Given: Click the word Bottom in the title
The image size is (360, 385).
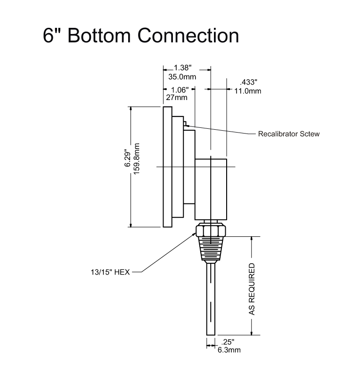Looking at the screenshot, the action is coord(99,35).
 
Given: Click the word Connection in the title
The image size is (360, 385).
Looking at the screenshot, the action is coord(188,35).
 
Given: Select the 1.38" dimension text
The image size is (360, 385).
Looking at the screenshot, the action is coord(183,67).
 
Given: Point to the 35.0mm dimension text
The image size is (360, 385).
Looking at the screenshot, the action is coord(182,77).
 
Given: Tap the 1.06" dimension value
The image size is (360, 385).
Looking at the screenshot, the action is coord(180,90).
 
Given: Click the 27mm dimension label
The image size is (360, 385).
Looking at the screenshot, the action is coord(177,98).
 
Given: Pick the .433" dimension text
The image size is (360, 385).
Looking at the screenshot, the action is coord(248,82).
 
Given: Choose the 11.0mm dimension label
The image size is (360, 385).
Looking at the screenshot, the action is coord(248,91).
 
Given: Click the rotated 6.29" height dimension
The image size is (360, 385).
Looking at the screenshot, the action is coord(127,158).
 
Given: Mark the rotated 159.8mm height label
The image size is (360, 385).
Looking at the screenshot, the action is coord(136,159).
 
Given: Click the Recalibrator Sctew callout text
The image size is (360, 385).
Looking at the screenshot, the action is coord(289,134).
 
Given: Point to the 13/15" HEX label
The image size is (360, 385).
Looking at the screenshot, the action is coord(110,272).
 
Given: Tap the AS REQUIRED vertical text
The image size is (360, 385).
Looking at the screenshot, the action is coord(252,289).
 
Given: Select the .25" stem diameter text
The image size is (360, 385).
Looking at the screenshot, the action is coord(228,342).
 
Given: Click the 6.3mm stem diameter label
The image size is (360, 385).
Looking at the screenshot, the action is coord(229,350).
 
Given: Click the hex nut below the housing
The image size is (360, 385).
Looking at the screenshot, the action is coord(211,231).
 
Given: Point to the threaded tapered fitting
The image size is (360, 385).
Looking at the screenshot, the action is coord(211,249).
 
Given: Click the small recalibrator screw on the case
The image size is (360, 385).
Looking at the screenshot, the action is coord(185,124).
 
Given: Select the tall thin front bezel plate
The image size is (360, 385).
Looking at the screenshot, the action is coord(167,167).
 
